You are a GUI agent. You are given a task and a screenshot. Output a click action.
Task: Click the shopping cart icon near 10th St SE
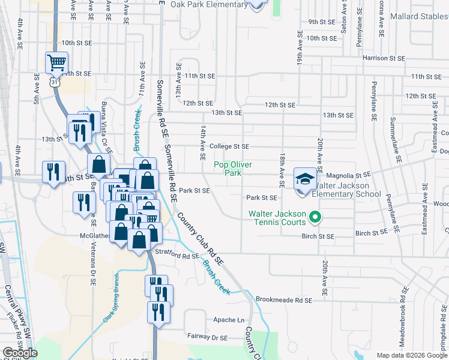click(56, 61)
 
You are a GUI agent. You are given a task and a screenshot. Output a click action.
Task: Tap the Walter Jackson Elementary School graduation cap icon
click(305, 179)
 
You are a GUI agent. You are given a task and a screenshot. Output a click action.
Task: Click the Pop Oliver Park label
click(232, 169)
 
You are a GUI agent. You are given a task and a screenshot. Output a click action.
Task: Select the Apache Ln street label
click(229, 320)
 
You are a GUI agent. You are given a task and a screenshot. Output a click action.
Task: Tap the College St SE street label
click(229, 146)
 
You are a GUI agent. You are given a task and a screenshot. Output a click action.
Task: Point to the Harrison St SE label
click(383, 58)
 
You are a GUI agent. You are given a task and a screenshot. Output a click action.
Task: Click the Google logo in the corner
click(20, 353)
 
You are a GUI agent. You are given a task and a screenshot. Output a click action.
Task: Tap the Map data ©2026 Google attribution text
click(412, 355)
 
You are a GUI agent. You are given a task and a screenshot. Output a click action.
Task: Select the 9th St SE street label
click(321, 22)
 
